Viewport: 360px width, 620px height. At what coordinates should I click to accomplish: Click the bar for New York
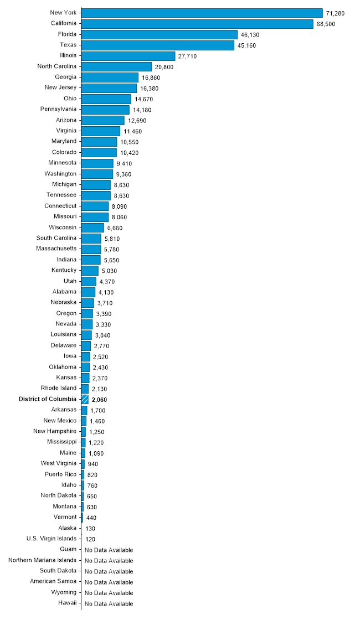click(202, 13)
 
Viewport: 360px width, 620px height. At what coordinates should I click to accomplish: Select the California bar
click(197, 24)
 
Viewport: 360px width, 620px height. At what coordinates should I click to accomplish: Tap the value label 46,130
click(250, 35)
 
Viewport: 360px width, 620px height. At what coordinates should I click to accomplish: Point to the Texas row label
click(68, 45)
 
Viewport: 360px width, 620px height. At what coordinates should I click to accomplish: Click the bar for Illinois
click(128, 56)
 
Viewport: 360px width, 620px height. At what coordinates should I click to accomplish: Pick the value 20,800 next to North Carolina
click(165, 67)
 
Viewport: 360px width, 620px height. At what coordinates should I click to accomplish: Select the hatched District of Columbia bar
click(85, 399)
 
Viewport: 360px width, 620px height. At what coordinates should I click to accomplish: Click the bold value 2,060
click(99, 400)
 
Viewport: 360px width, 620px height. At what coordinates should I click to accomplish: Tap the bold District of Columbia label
click(48, 399)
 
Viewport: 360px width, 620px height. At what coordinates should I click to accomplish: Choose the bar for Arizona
click(103, 120)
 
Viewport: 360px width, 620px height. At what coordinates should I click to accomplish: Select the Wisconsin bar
click(92, 228)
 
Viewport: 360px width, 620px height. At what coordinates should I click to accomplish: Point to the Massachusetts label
click(56, 249)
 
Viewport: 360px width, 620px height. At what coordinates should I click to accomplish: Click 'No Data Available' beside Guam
click(109, 550)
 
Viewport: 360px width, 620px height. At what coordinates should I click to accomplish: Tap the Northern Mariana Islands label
click(43, 560)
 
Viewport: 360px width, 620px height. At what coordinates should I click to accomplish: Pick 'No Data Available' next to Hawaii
click(109, 603)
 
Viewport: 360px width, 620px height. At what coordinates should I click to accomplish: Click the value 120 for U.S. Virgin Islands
click(90, 539)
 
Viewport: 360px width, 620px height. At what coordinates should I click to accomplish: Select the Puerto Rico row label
click(60, 474)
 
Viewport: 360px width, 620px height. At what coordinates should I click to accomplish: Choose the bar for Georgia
click(110, 77)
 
